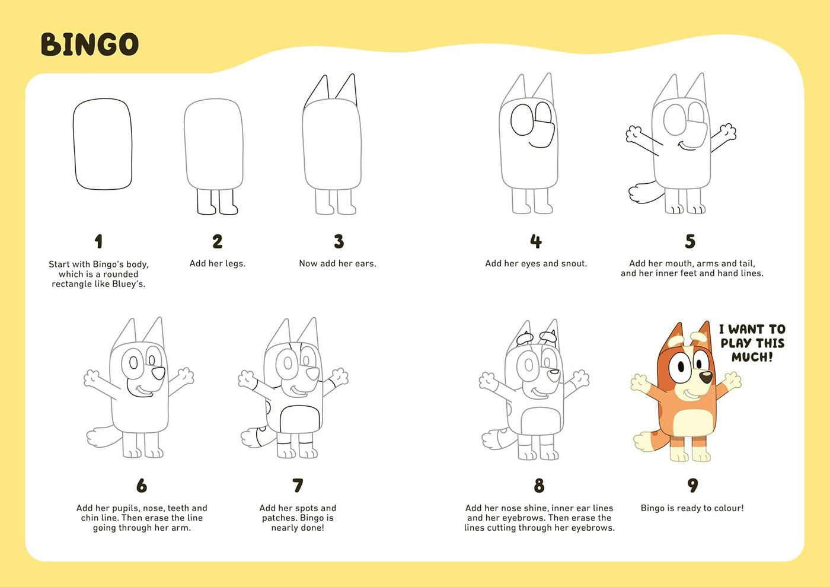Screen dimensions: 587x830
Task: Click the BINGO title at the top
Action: point(90,44)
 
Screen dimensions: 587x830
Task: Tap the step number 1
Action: point(98,241)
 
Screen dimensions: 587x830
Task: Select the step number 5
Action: point(690,241)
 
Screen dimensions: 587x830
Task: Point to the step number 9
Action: point(692,486)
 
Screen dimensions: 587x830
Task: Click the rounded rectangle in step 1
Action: point(103,144)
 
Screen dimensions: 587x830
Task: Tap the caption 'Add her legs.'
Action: point(217,263)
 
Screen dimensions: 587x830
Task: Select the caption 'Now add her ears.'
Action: point(337,263)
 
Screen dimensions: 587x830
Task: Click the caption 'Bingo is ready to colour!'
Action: point(692,508)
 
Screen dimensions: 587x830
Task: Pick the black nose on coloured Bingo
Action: point(706,377)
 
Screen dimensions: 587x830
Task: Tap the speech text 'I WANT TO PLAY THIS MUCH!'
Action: point(752,343)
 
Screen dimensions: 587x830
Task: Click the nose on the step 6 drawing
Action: point(158,373)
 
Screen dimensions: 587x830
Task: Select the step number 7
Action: point(298,486)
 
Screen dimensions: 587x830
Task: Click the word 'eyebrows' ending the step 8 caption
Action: point(593,528)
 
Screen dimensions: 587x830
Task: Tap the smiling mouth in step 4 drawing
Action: point(539,144)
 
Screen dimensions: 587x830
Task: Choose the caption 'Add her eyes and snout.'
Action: point(536,263)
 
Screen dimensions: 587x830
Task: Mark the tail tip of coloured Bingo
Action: point(642,442)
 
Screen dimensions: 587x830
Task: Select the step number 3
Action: point(339,241)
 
